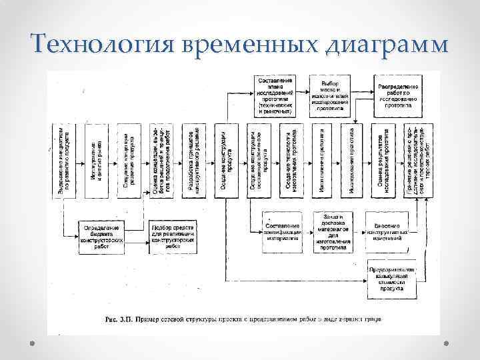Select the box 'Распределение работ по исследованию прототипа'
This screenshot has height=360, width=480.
(x=398, y=93)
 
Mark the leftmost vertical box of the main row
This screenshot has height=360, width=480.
(x=66, y=160)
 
